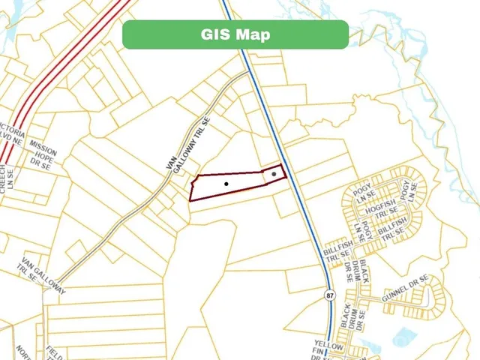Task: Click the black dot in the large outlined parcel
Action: (226, 184)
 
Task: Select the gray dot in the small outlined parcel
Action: (274, 174)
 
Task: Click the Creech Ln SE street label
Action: (7, 180)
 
